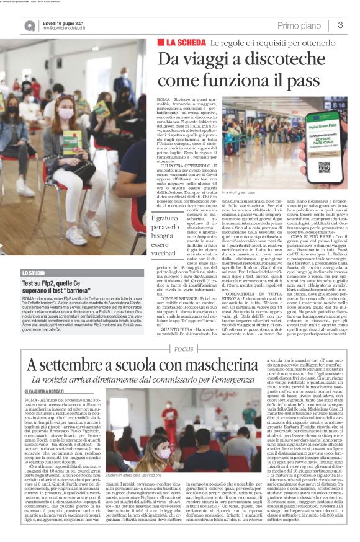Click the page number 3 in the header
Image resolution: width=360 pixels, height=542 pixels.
click(341, 25)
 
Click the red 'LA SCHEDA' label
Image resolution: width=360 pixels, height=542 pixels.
click(181, 43)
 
